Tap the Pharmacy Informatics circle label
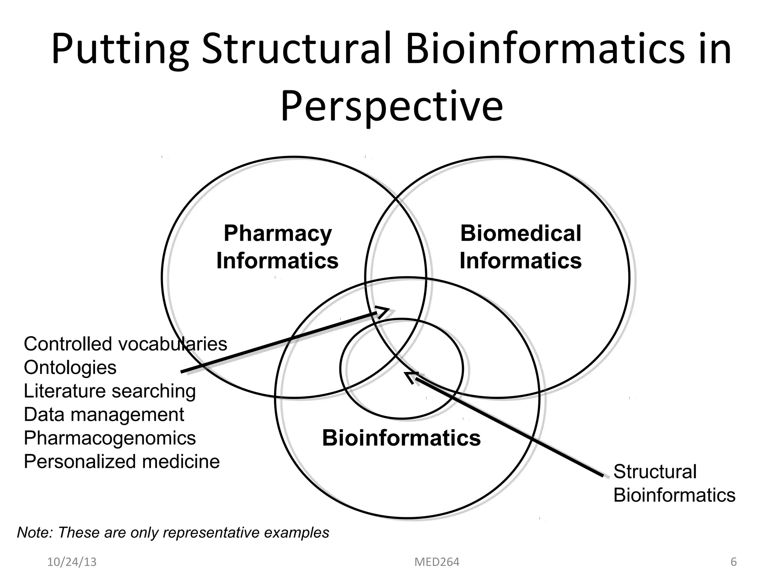tap(278, 247)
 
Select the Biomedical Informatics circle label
tap(521, 247)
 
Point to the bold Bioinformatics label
tap(401, 438)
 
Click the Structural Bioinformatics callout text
tap(674, 483)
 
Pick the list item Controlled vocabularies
tap(125, 344)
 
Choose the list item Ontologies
tap(70, 367)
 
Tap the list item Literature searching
tap(109, 391)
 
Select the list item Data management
tap(104, 415)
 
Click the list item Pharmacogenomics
tap(109, 438)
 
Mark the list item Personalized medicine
tap(122, 461)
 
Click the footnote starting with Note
tap(173, 532)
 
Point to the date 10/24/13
tap(72, 562)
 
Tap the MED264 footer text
tap(437, 562)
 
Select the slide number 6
tap(733, 562)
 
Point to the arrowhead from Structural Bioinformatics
tap(411, 376)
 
